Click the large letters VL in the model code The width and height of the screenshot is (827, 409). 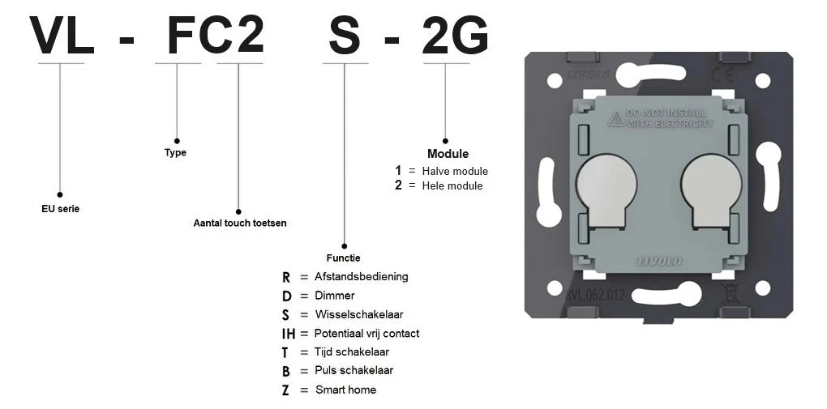pos(62,36)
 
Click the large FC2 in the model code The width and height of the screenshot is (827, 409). pos(215,35)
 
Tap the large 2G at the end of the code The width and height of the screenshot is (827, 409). pos(455,36)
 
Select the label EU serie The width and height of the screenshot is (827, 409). pos(60,209)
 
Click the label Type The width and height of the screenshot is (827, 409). pos(176,153)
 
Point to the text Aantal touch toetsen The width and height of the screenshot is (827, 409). pos(240,223)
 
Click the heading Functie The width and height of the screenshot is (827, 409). pos(343,258)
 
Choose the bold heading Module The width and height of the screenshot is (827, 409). pos(448,154)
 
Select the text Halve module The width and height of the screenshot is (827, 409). pos(455,172)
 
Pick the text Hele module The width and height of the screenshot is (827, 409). pos(452,185)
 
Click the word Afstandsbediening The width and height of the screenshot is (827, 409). pos(362,276)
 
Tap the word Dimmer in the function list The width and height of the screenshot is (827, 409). pos(335,296)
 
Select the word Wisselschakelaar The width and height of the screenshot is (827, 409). pos(359,315)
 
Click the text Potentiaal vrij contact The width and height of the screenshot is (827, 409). pos(367,334)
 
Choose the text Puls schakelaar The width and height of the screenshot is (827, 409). pos(354,370)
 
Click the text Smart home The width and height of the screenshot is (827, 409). pos(346,390)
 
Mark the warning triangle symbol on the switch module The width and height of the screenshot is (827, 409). pos(616,119)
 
